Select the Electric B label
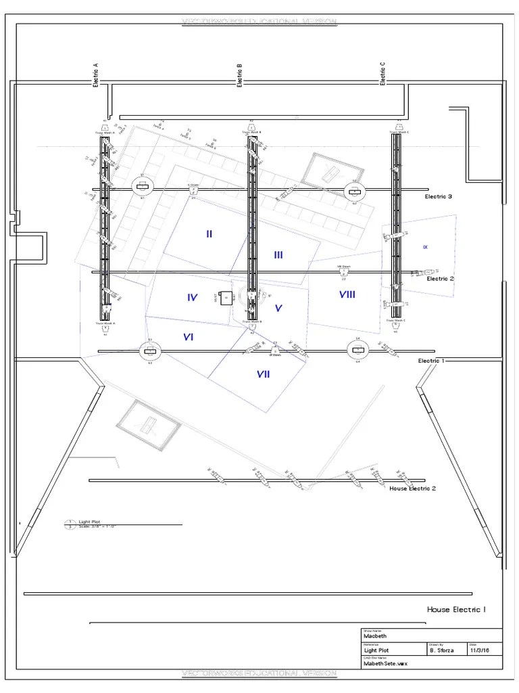239,75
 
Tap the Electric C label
382,73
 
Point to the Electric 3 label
438,197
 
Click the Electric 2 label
440,278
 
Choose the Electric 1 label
431,361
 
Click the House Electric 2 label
412,488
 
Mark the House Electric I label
455,610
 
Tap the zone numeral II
209,234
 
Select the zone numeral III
278,255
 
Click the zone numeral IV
192,297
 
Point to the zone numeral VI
189,337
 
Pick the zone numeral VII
263,374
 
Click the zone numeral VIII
347,294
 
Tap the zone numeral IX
425,247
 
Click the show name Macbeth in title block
376,637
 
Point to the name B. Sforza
442,650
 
